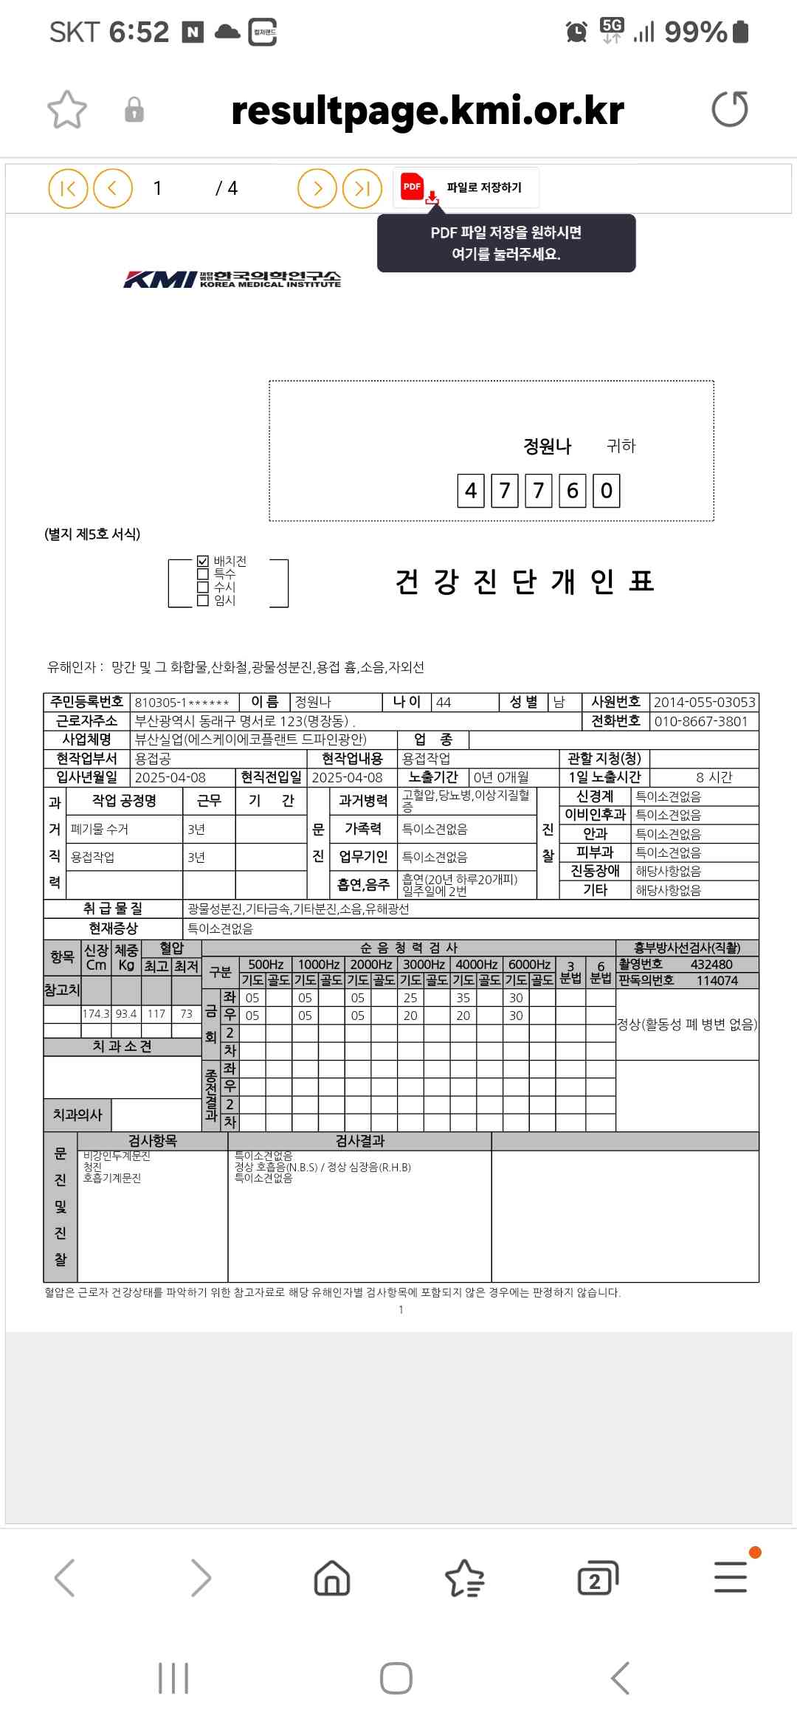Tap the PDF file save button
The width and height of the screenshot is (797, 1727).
coord(466,187)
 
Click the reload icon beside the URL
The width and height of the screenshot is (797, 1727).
coord(729,109)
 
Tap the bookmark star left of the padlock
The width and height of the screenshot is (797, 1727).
coord(67,110)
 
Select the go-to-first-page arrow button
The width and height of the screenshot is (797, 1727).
coord(68,188)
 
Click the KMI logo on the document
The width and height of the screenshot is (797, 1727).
coord(232,279)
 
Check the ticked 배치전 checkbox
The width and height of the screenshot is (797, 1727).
coord(203,561)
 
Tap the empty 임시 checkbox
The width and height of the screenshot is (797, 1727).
coord(203,601)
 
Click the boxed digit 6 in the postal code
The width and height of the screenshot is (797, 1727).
coord(572,491)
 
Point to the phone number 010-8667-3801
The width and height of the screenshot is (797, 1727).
coord(701,721)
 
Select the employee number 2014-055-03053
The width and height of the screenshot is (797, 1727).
coord(704,702)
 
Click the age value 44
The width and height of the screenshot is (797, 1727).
coord(444,702)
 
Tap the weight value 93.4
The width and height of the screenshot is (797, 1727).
coord(126,1014)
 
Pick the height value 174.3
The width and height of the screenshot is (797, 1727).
coord(96,1014)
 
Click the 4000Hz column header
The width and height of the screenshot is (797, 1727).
coord(477,964)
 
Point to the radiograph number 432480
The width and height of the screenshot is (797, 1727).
coord(711,964)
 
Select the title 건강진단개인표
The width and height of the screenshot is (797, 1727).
coord(525,582)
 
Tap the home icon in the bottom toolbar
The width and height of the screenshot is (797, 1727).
coord(332,1578)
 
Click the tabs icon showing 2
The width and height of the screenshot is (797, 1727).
coord(597,1578)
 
